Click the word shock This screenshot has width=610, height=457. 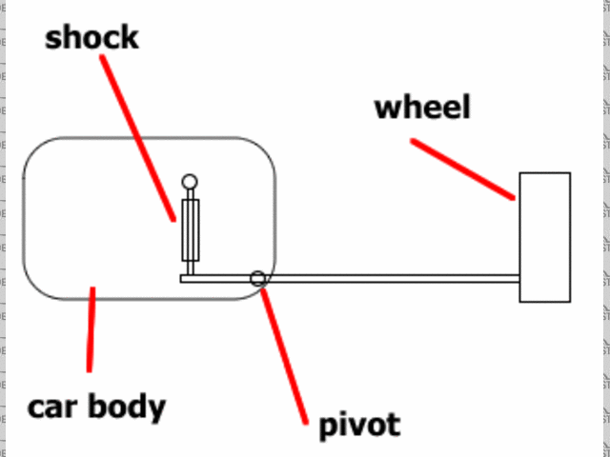pyautogui.click(x=91, y=37)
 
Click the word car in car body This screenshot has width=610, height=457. pyautogui.click(x=52, y=407)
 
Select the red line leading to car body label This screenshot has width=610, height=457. pyautogui.click(x=91, y=329)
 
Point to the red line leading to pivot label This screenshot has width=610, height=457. pyautogui.click(x=283, y=352)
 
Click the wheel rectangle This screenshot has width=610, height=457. pyautogui.click(x=544, y=237)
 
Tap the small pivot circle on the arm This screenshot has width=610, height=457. pyautogui.click(x=257, y=278)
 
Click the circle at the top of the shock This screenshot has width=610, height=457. pyautogui.click(x=191, y=181)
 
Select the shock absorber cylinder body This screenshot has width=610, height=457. pyautogui.click(x=191, y=229)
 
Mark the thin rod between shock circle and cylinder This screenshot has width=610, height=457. pyautogui.click(x=191, y=194)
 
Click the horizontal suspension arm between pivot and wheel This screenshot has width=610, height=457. pyautogui.click(x=391, y=278)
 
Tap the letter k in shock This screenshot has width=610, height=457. pyautogui.click(x=129, y=37)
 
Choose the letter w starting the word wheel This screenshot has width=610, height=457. pyautogui.click(x=386, y=108)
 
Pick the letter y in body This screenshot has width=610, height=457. pyautogui.click(x=155, y=410)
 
